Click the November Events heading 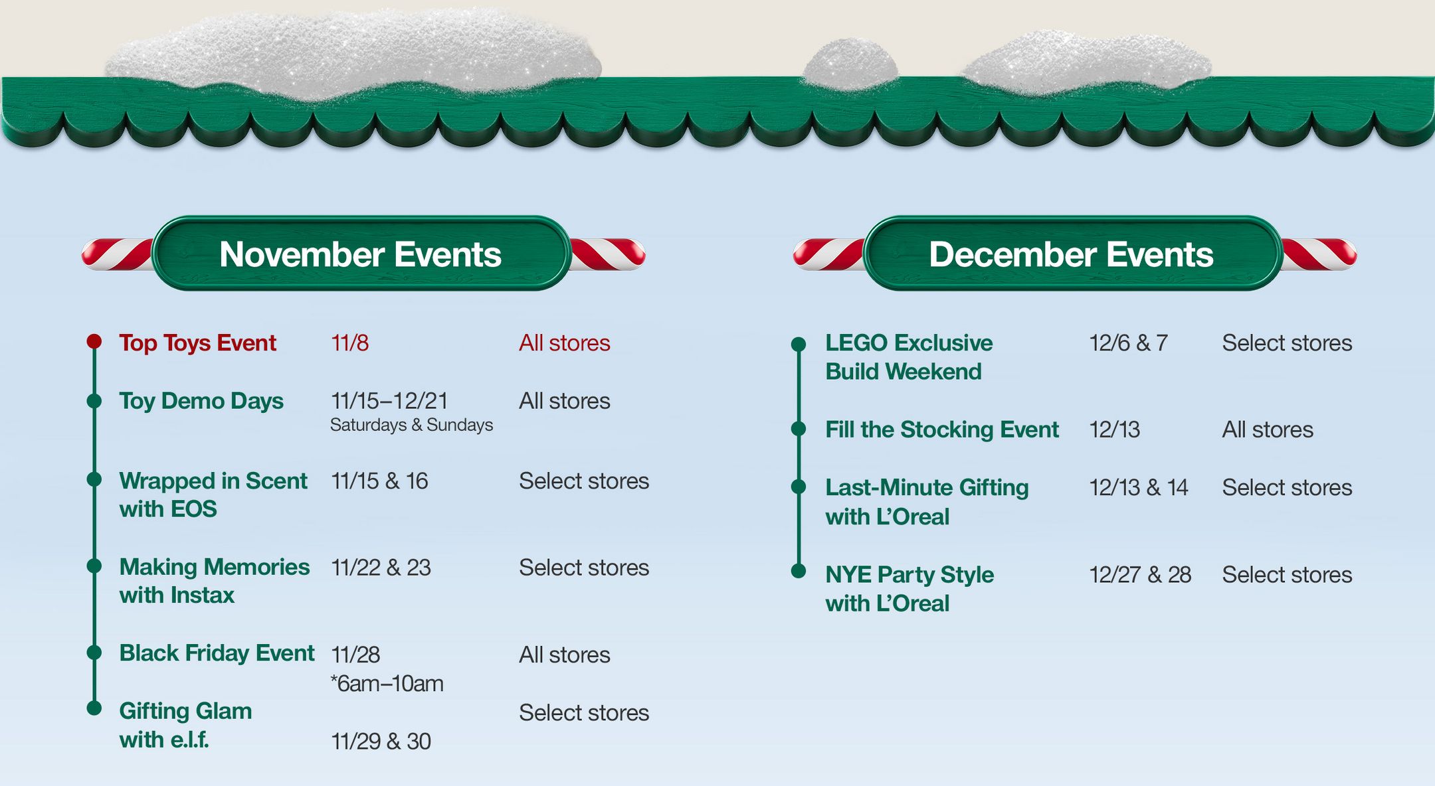pyautogui.click(x=360, y=254)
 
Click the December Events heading pyautogui.click(x=1071, y=254)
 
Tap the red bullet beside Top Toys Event pyautogui.click(x=94, y=341)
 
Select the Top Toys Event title pyautogui.click(x=197, y=343)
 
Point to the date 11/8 pyautogui.click(x=349, y=343)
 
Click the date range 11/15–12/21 pyautogui.click(x=389, y=401)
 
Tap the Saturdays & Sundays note pyautogui.click(x=411, y=425)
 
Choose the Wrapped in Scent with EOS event pyautogui.click(x=213, y=495)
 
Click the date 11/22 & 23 pyautogui.click(x=381, y=568)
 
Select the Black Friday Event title pyautogui.click(x=217, y=653)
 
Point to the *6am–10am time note pyautogui.click(x=387, y=684)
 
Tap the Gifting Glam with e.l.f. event pyautogui.click(x=185, y=725)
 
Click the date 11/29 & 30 pyautogui.click(x=381, y=742)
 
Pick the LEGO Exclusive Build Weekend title pyautogui.click(x=908, y=357)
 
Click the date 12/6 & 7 pyautogui.click(x=1128, y=343)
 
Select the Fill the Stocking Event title pyautogui.click(x=941, y=430)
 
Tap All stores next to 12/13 pyautogui.click(x=1268, y=430)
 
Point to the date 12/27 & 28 pyautogui.click(x=1140, y=575)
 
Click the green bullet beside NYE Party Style pyautogui.click(x=799, y=571)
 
